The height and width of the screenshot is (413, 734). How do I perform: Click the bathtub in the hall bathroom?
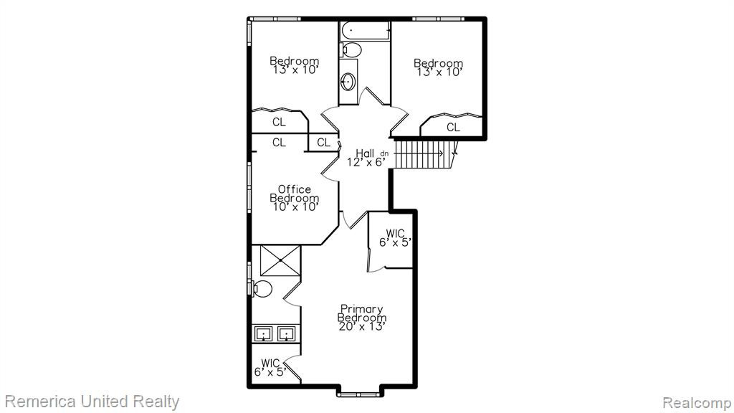[x=365, y=31]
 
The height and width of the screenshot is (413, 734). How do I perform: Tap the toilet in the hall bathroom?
[x=351, y=49]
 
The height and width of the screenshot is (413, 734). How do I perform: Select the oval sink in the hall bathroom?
[x=348, y=82]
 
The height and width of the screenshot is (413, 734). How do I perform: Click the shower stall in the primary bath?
[x=280, y=260]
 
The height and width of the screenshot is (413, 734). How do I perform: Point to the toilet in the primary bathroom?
[x=261, y=289]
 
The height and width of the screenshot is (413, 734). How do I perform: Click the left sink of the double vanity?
[x=264, y=334]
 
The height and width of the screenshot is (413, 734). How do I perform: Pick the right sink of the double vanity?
[x=286, y=334]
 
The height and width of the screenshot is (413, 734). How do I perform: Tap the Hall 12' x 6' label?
[x=366, y=158]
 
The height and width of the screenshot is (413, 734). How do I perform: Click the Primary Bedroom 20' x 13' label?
[x=362, y=318]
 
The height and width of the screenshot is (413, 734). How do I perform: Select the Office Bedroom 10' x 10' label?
[x=295, y=198]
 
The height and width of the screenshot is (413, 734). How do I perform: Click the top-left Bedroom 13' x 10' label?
[x=295, y=65]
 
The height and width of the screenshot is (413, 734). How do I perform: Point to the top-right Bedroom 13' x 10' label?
[x=439, y=67]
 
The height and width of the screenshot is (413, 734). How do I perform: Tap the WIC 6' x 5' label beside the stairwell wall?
[x=396, y=238]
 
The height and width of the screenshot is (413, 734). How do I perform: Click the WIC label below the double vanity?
[x=270, y=368]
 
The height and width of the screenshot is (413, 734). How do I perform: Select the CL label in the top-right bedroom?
[x=453, y=127]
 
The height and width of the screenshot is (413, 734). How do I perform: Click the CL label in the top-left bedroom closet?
[x=279, y=122]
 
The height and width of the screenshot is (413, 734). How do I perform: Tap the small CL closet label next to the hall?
[x=323, y=143]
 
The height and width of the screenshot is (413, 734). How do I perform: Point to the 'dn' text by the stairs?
[x=384, y=153]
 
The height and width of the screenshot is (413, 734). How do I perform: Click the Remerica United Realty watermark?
[x=92, y=402]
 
